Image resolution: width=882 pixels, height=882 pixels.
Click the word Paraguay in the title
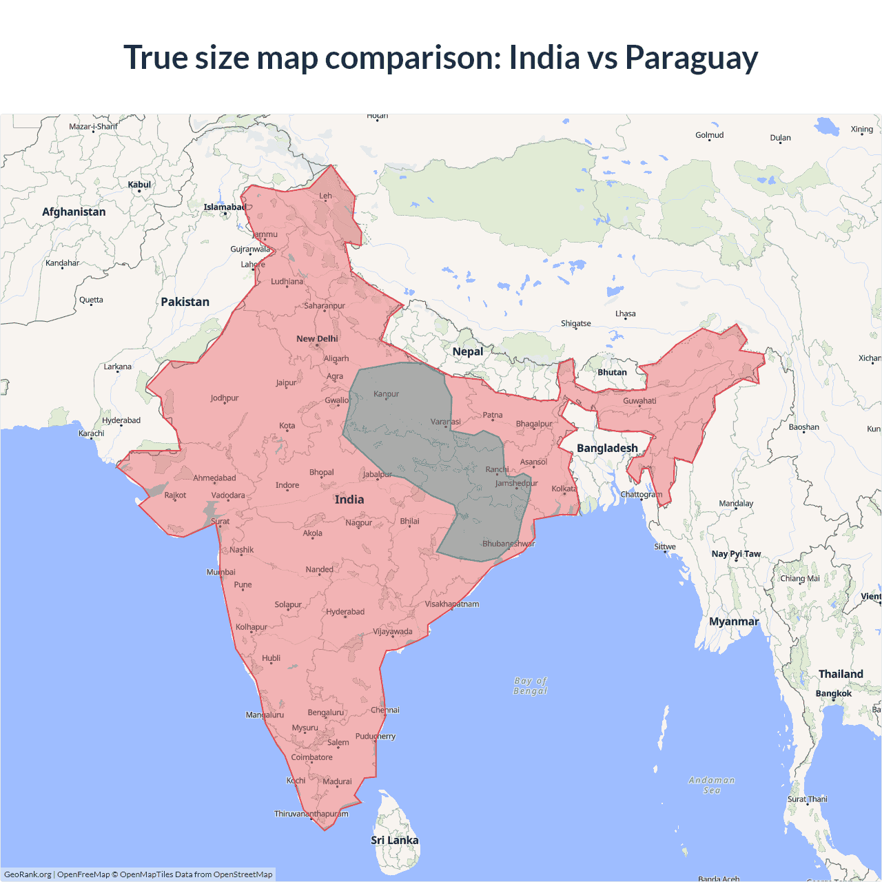coord(691,58)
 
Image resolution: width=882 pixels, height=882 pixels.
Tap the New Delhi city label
coord(317,338)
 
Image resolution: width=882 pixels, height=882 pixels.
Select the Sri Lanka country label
coord(394,840)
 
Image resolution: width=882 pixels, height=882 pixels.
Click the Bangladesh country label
coord(607,448)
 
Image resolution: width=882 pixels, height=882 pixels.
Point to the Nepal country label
coord(468,351)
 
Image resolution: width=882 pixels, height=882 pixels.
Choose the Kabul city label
coord(139,185)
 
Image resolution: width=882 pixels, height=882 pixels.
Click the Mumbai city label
coord(221,572)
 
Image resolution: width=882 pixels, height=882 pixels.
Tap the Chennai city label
coord(385,710)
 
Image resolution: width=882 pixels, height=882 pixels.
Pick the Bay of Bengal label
coord(530,686)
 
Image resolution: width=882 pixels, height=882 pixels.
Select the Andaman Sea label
coord(712,785)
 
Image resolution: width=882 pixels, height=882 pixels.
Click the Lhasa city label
coord(626,314)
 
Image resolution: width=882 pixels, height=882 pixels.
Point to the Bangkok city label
coord(834,693)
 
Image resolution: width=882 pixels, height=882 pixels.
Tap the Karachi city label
coord(92,433)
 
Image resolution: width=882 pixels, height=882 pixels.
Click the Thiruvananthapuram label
coord(311,814)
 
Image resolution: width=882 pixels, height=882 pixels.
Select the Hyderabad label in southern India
coord(345,612)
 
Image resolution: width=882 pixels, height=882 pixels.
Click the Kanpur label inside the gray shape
coord(386,394)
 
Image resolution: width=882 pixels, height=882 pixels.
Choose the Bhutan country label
coord(612,372)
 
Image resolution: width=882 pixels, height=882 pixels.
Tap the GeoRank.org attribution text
coord(28,874)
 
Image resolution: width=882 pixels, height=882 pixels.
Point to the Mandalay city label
coord(736,503)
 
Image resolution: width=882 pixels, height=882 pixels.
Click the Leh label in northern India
coord(325,196)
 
